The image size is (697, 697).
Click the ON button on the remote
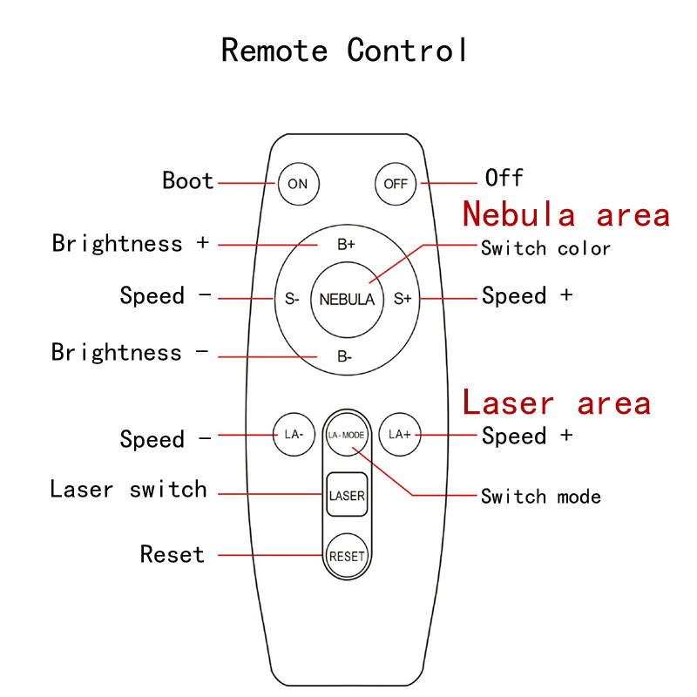pos(298,183)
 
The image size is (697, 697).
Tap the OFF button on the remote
pos(395,183)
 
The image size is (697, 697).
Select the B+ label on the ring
pos(346,245)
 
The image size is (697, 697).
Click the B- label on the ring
pos(345,355)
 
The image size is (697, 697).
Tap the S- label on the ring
pos(292,299)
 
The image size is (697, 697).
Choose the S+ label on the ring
pos(402,299)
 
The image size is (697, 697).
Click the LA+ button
pos(400,433)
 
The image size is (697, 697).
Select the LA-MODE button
pos(346,433)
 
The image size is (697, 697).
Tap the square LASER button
pos(347,496)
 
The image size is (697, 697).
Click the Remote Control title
pos(345,50)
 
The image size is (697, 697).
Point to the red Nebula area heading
pos(566,214)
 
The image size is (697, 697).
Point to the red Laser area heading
pos(557,403)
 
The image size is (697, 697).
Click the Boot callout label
pos(188,181)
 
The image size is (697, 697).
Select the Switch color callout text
pos(545,248)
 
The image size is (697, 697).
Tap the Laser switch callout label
pos(129,490)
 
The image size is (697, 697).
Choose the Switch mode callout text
pos(540,497)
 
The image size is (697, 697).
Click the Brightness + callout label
pos(131,243)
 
